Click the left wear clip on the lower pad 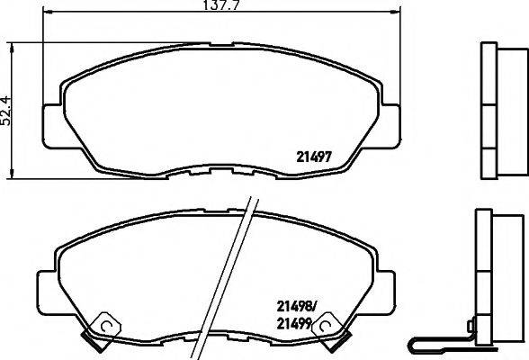[x=103, y=326]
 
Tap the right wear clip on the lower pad [x=326, y=328]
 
